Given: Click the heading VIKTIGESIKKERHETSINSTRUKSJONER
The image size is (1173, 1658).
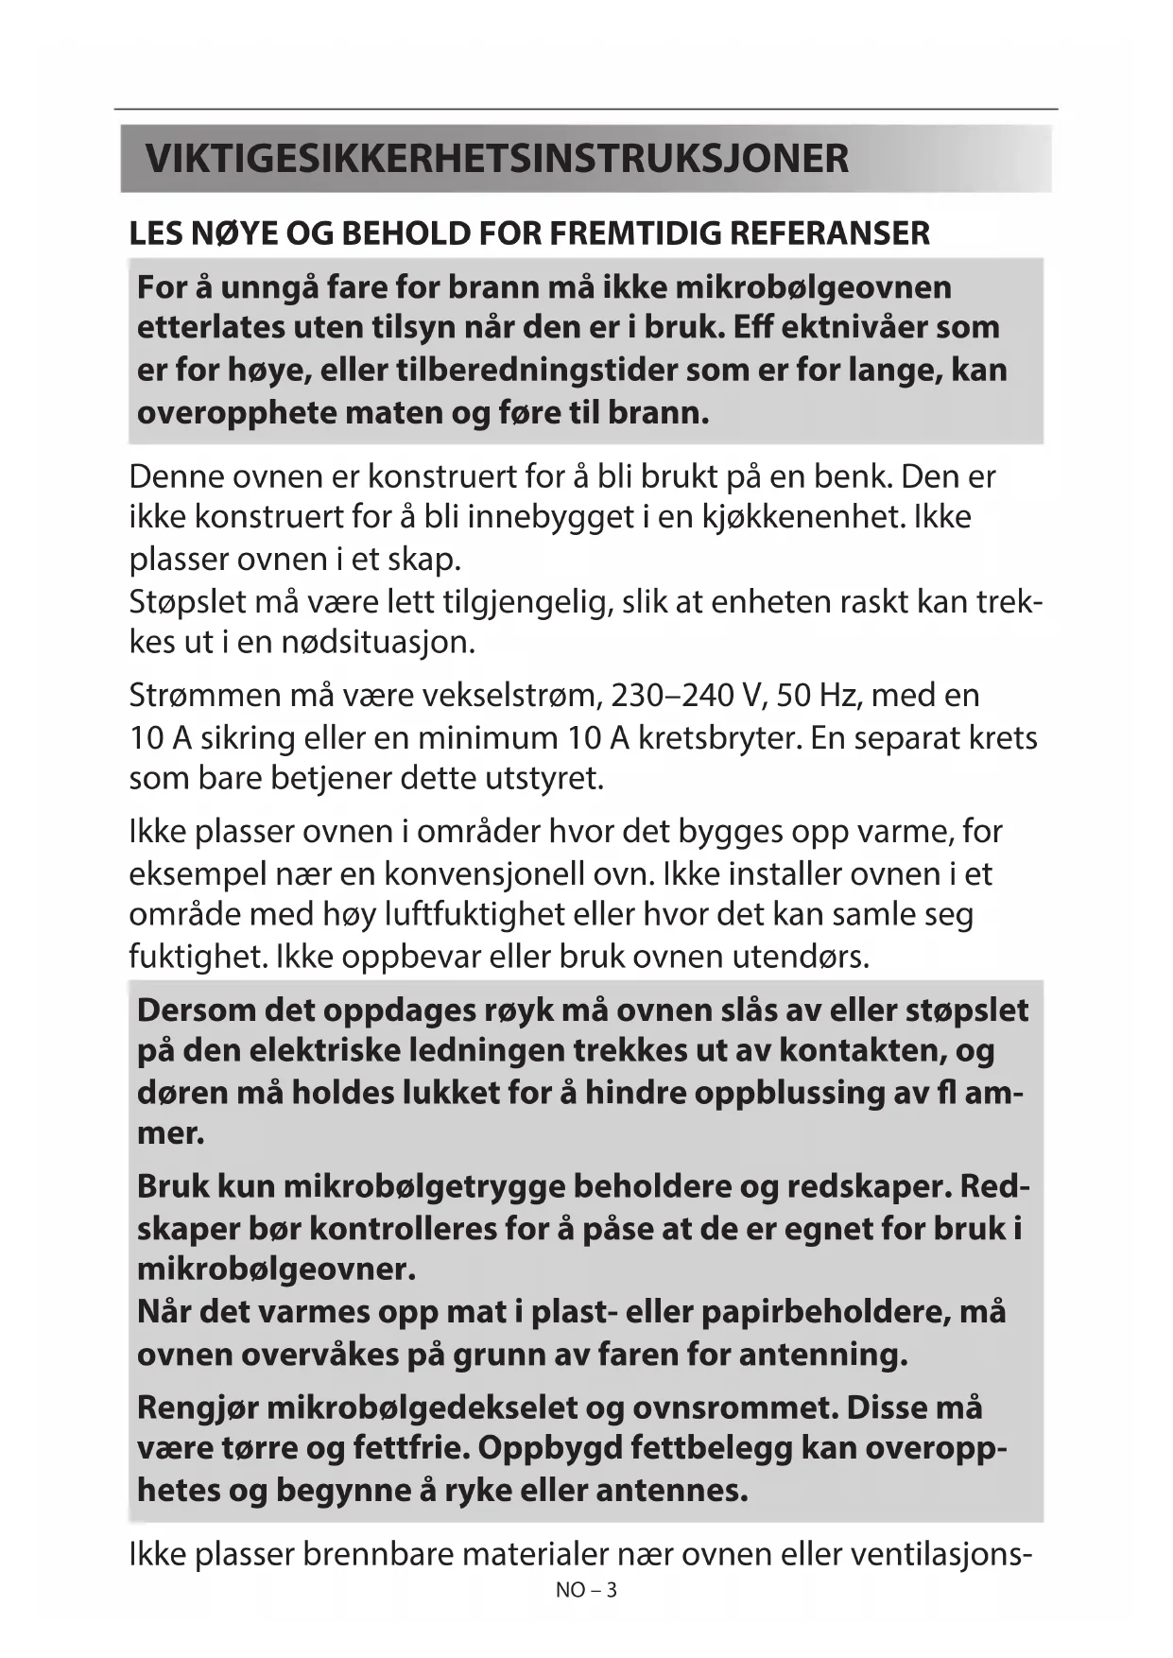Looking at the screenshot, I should point(497,159).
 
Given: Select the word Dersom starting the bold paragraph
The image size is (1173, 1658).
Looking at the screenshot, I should point(196,1010).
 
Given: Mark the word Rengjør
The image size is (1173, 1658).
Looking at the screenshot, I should point(197,1408).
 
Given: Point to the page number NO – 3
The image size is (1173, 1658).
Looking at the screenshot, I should point(586,1590).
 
